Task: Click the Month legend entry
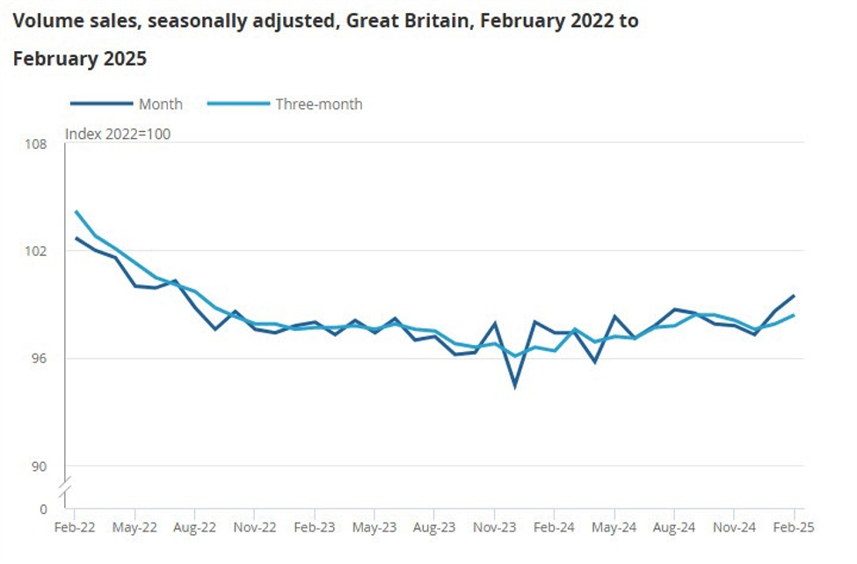click(160, 104)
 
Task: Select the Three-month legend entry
click(318, 104)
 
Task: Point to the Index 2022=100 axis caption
click(118, 134)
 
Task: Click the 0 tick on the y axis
click(43, 509)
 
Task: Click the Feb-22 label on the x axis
click(75, 528)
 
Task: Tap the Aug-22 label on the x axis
click(194, 528)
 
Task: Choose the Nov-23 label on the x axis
click(494, 528)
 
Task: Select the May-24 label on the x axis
click(614, 528)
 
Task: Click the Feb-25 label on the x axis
click(794, 528)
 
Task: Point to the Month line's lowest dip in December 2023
click(514, 386)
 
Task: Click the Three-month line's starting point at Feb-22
click(76, 211)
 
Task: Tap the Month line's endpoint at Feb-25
click(794, 296)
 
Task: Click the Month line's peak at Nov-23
click(495, 323)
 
